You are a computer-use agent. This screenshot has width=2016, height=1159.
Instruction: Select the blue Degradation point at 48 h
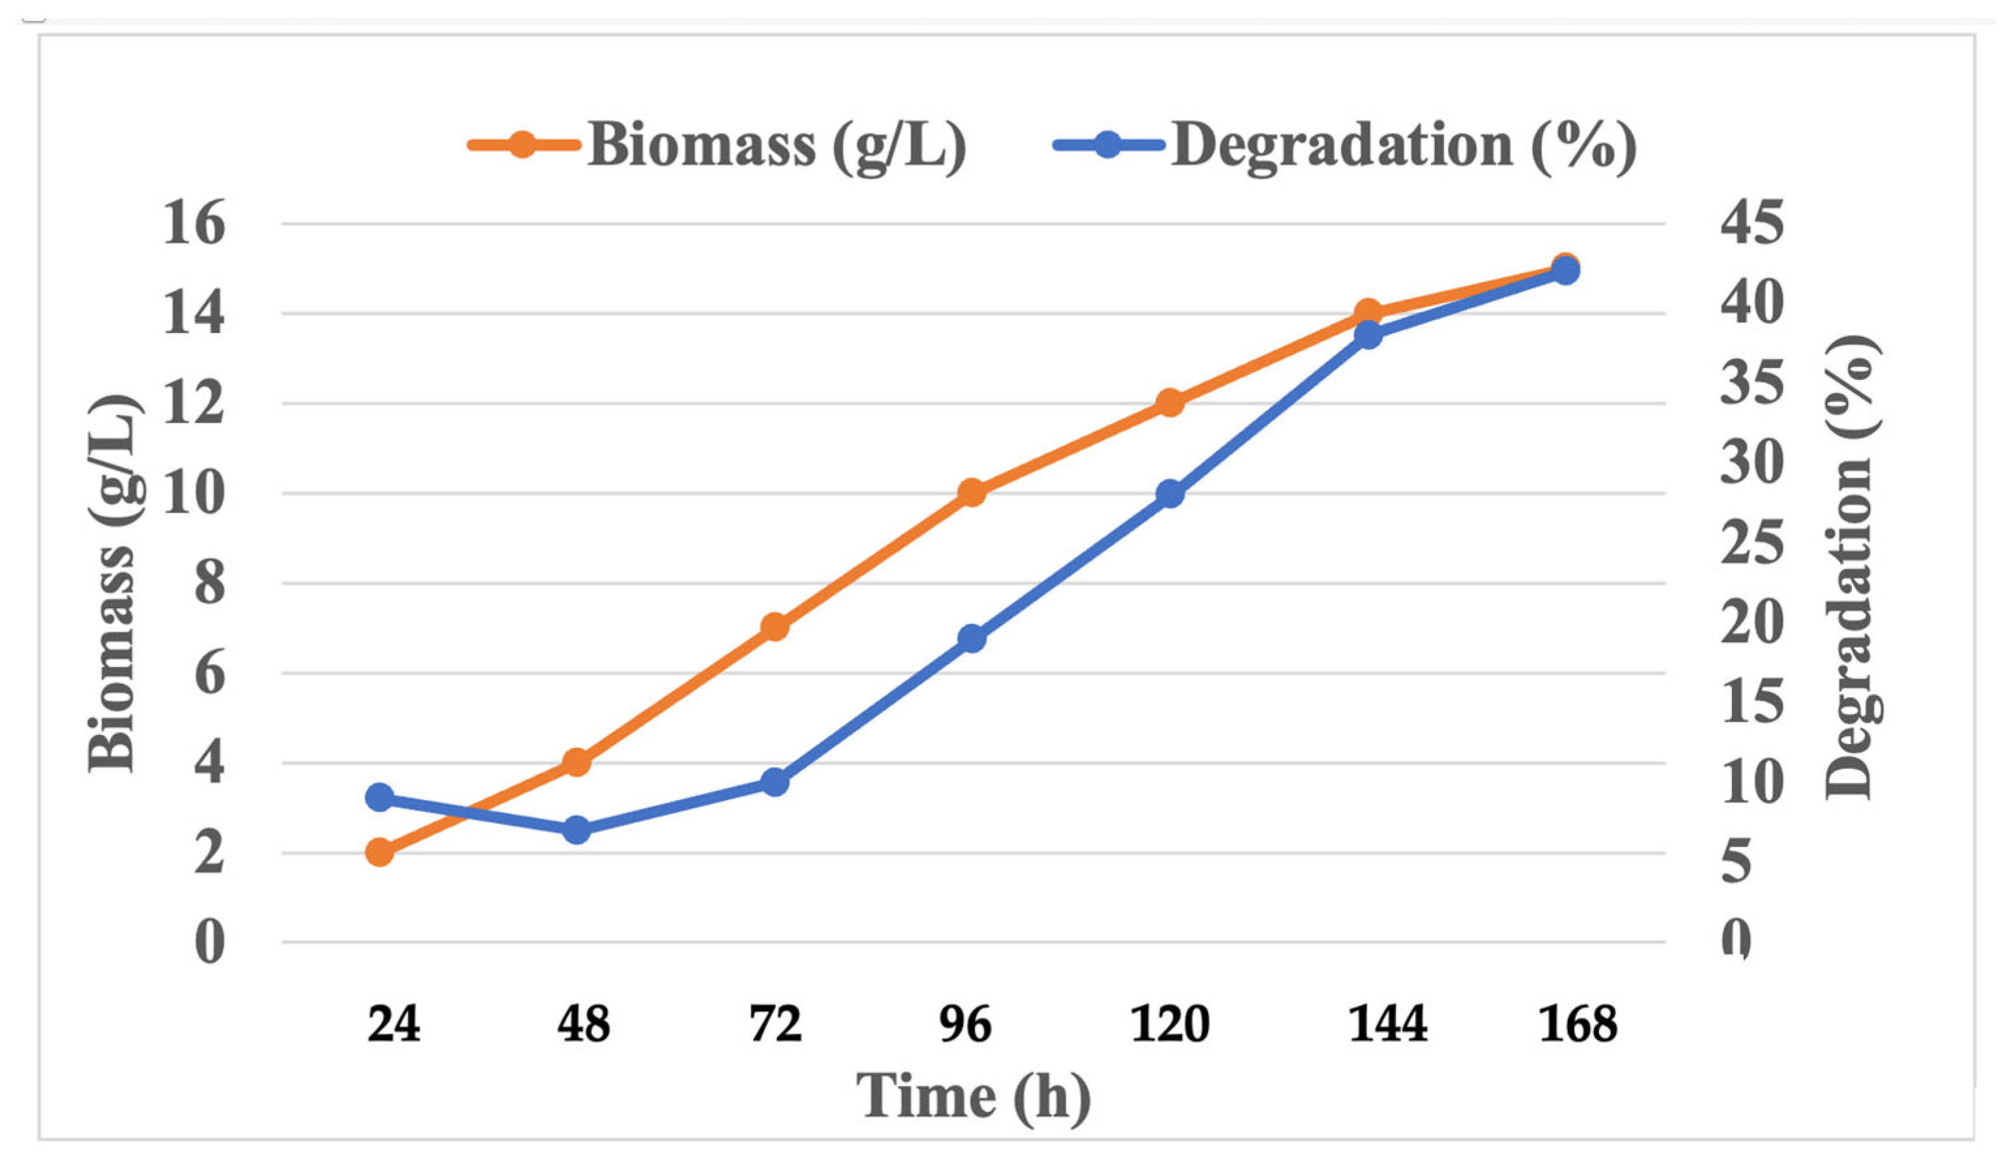577,830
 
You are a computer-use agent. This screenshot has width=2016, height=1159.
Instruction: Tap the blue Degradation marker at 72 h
774,782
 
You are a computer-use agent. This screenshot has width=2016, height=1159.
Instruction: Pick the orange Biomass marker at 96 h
972,493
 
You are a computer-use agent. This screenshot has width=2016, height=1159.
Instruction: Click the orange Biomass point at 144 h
1368,313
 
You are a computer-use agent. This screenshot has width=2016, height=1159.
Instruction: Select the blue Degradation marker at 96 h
972,638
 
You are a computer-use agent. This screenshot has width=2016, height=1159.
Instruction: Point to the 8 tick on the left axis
209,584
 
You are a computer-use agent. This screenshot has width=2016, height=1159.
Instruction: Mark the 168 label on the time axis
1578,1025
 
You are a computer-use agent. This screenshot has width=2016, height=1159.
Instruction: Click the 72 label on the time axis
774,1025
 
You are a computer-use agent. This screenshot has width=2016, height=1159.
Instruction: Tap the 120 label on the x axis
1170,1025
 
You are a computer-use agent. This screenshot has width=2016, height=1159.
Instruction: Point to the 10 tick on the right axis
1751,782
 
